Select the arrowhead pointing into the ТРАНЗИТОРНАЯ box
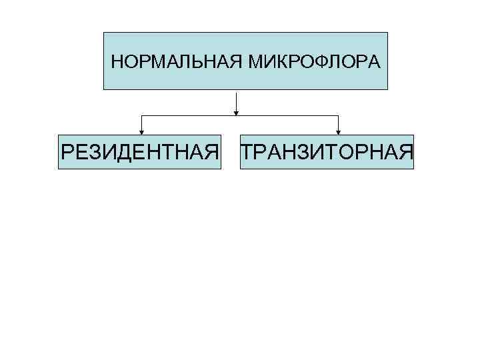click(339, 131)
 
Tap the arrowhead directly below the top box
click(237, 113)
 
